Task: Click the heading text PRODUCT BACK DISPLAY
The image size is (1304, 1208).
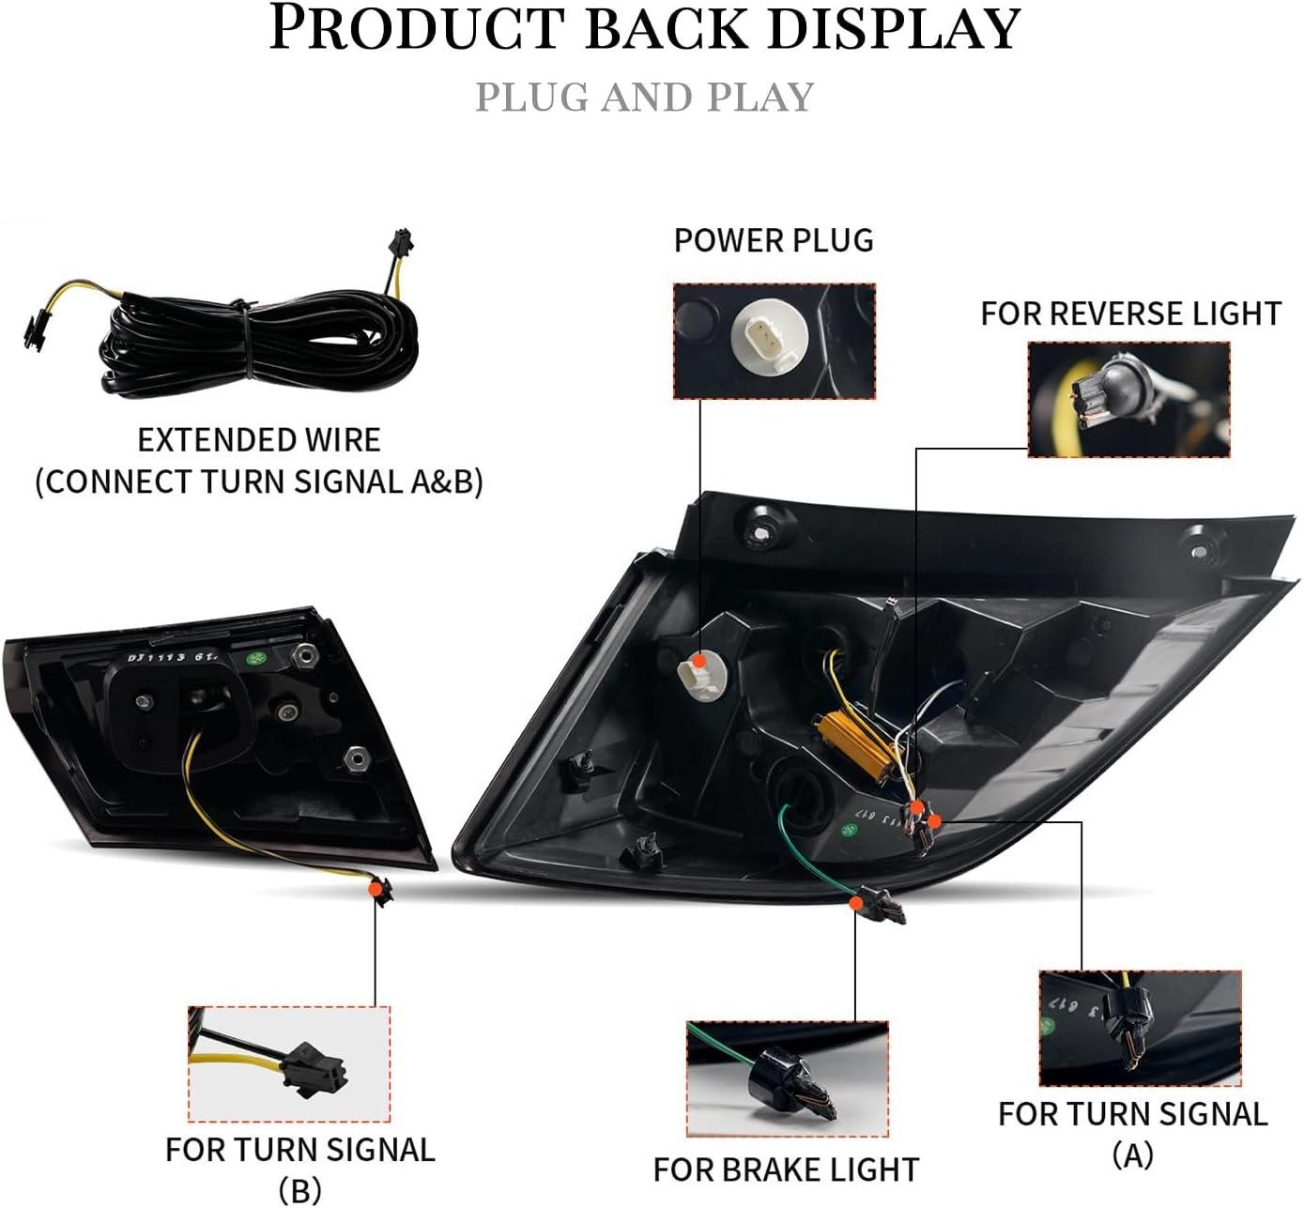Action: coord(645,29)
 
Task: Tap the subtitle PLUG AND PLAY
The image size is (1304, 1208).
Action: coord(645,98)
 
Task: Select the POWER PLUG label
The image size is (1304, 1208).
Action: coord(774,240)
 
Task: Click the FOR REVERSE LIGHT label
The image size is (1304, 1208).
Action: coord(1130,313)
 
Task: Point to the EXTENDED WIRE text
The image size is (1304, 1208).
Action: coord(259,440)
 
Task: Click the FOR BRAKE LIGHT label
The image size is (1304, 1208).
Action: coord(786,1170)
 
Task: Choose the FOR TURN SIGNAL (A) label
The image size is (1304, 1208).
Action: coord(1132,1134)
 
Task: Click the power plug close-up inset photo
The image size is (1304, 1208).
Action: coord(775,342)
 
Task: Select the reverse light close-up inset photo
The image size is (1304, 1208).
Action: coord(1128,400)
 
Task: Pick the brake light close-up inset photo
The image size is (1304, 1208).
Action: coord(788,1079)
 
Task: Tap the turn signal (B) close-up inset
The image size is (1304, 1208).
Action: coord(289,1064)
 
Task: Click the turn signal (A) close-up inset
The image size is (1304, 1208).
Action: coord(1141,1029)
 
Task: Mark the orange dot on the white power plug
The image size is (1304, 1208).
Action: coord(700,661)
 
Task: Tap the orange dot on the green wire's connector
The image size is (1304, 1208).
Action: coord(855,903)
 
